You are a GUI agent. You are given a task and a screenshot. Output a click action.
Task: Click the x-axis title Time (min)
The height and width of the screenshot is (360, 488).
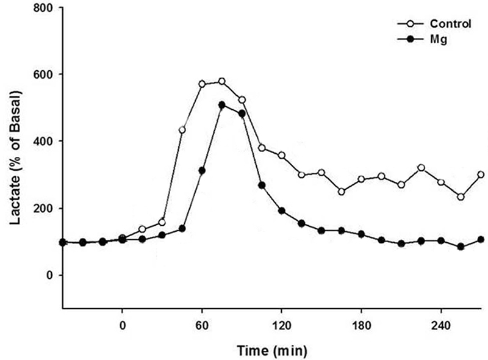point(271,350)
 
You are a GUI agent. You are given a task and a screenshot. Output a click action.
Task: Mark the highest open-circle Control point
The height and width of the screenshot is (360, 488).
point(222,81)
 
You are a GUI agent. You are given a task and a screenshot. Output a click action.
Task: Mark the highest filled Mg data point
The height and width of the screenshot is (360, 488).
point(222,105)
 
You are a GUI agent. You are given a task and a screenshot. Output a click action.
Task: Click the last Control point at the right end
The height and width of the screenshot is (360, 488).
point(481,175)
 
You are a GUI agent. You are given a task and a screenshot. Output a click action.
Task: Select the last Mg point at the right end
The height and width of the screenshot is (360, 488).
point(481,239)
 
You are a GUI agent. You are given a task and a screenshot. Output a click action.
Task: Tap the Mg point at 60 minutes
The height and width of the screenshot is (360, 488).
point(202,170)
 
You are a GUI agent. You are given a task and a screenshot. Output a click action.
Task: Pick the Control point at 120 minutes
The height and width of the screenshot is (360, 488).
point(282,156)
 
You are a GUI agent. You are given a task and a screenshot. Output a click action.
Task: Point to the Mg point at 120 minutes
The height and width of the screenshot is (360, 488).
point(282,211)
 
